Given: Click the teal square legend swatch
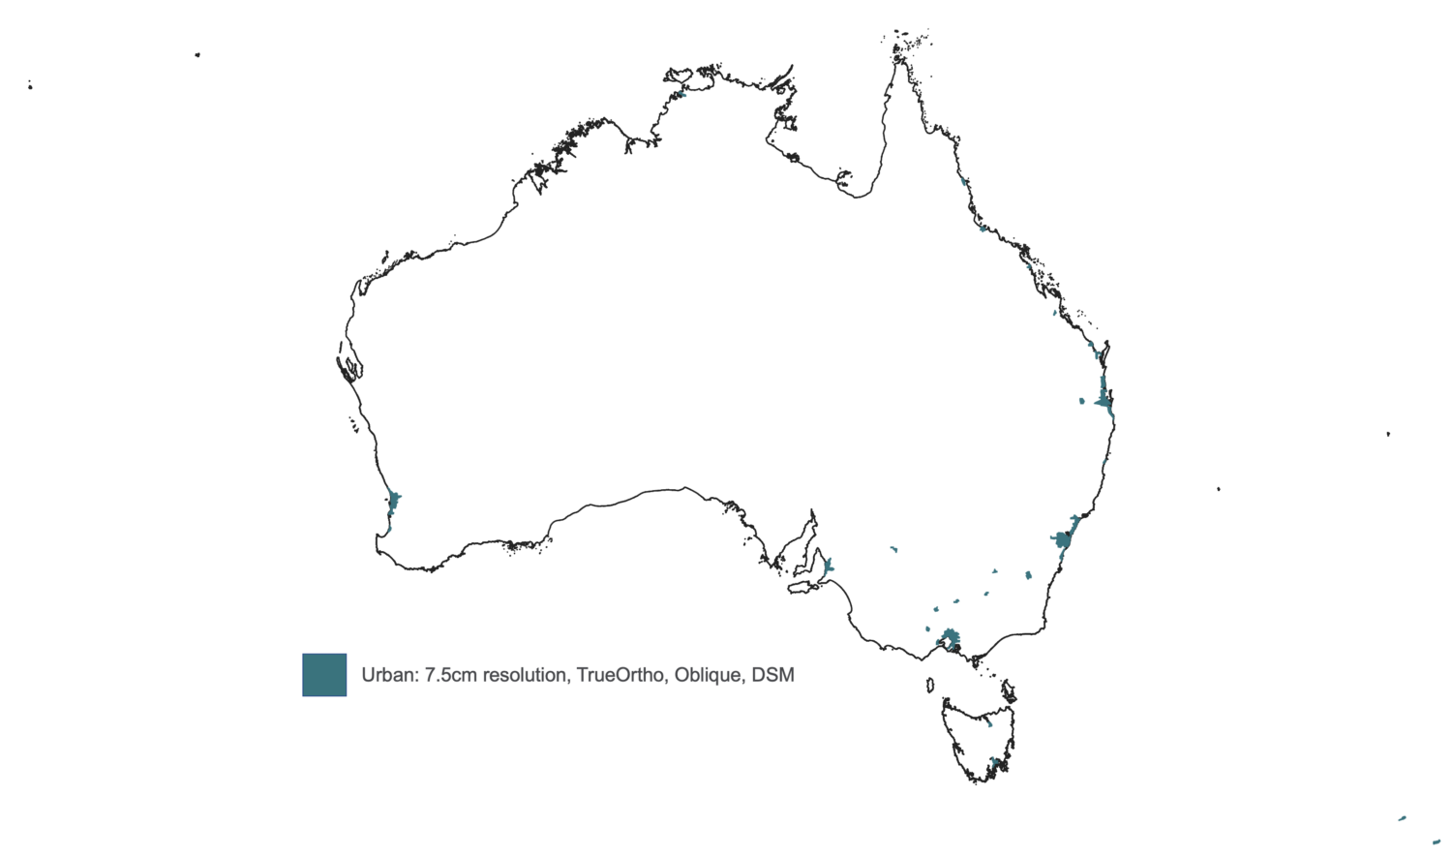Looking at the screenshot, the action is (x=324, y=675).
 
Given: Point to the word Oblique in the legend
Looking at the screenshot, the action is (x=709, y=675).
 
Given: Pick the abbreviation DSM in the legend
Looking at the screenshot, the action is (x=773, y=675).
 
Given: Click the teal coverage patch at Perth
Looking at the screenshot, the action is (x=394, y=502).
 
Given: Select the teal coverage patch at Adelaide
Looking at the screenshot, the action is (x=828, y=566).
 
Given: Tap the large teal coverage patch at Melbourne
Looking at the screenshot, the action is (x=951, y=637).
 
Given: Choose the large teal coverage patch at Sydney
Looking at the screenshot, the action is (x=1063, y=538).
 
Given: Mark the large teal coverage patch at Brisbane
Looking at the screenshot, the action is (x=1104, y=397).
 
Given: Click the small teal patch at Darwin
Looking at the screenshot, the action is (x=682, y=94).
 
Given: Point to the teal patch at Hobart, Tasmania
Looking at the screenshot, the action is (x=995, y=763).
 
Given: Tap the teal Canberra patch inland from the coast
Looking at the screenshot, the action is (x=1028, y=575).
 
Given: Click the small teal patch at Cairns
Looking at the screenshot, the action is (x=964, y=181).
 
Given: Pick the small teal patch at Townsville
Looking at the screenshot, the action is (x=983, y=229).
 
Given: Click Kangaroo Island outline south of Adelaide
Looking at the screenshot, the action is (x=803, y=587).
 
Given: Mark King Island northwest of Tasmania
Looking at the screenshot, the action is (x=930, y=686).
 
